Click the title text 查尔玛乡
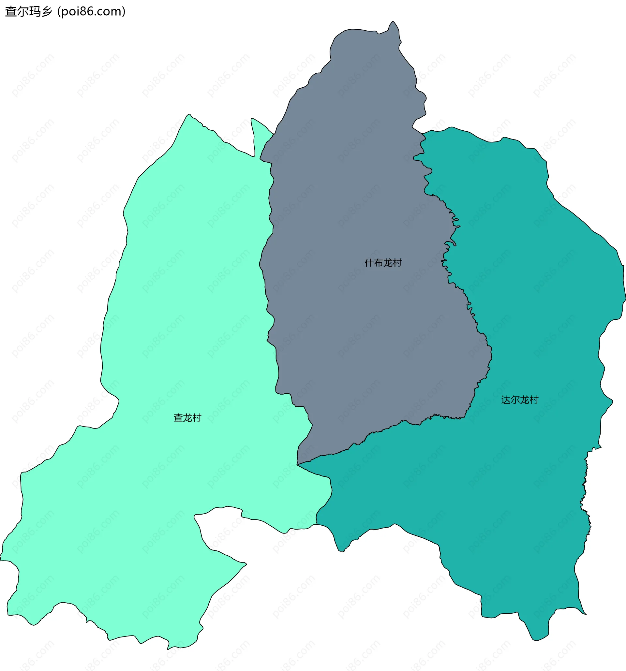click(29, 11)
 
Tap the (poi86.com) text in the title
click(92, 11)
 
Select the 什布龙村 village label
click(383, 263)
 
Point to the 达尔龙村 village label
click(520, 400)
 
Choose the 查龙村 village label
click(187, 418)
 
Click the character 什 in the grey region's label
click(369, 263)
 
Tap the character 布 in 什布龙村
click(379, 263)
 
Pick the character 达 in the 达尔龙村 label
click(506, 400)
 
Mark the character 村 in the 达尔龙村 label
click(534, 400)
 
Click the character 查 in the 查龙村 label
click(178, 418)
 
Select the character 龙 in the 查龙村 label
click(187, 418)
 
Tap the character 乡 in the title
click(48, 11)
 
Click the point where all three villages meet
click(297, 465)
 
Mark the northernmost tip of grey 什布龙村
click(393, 22)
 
